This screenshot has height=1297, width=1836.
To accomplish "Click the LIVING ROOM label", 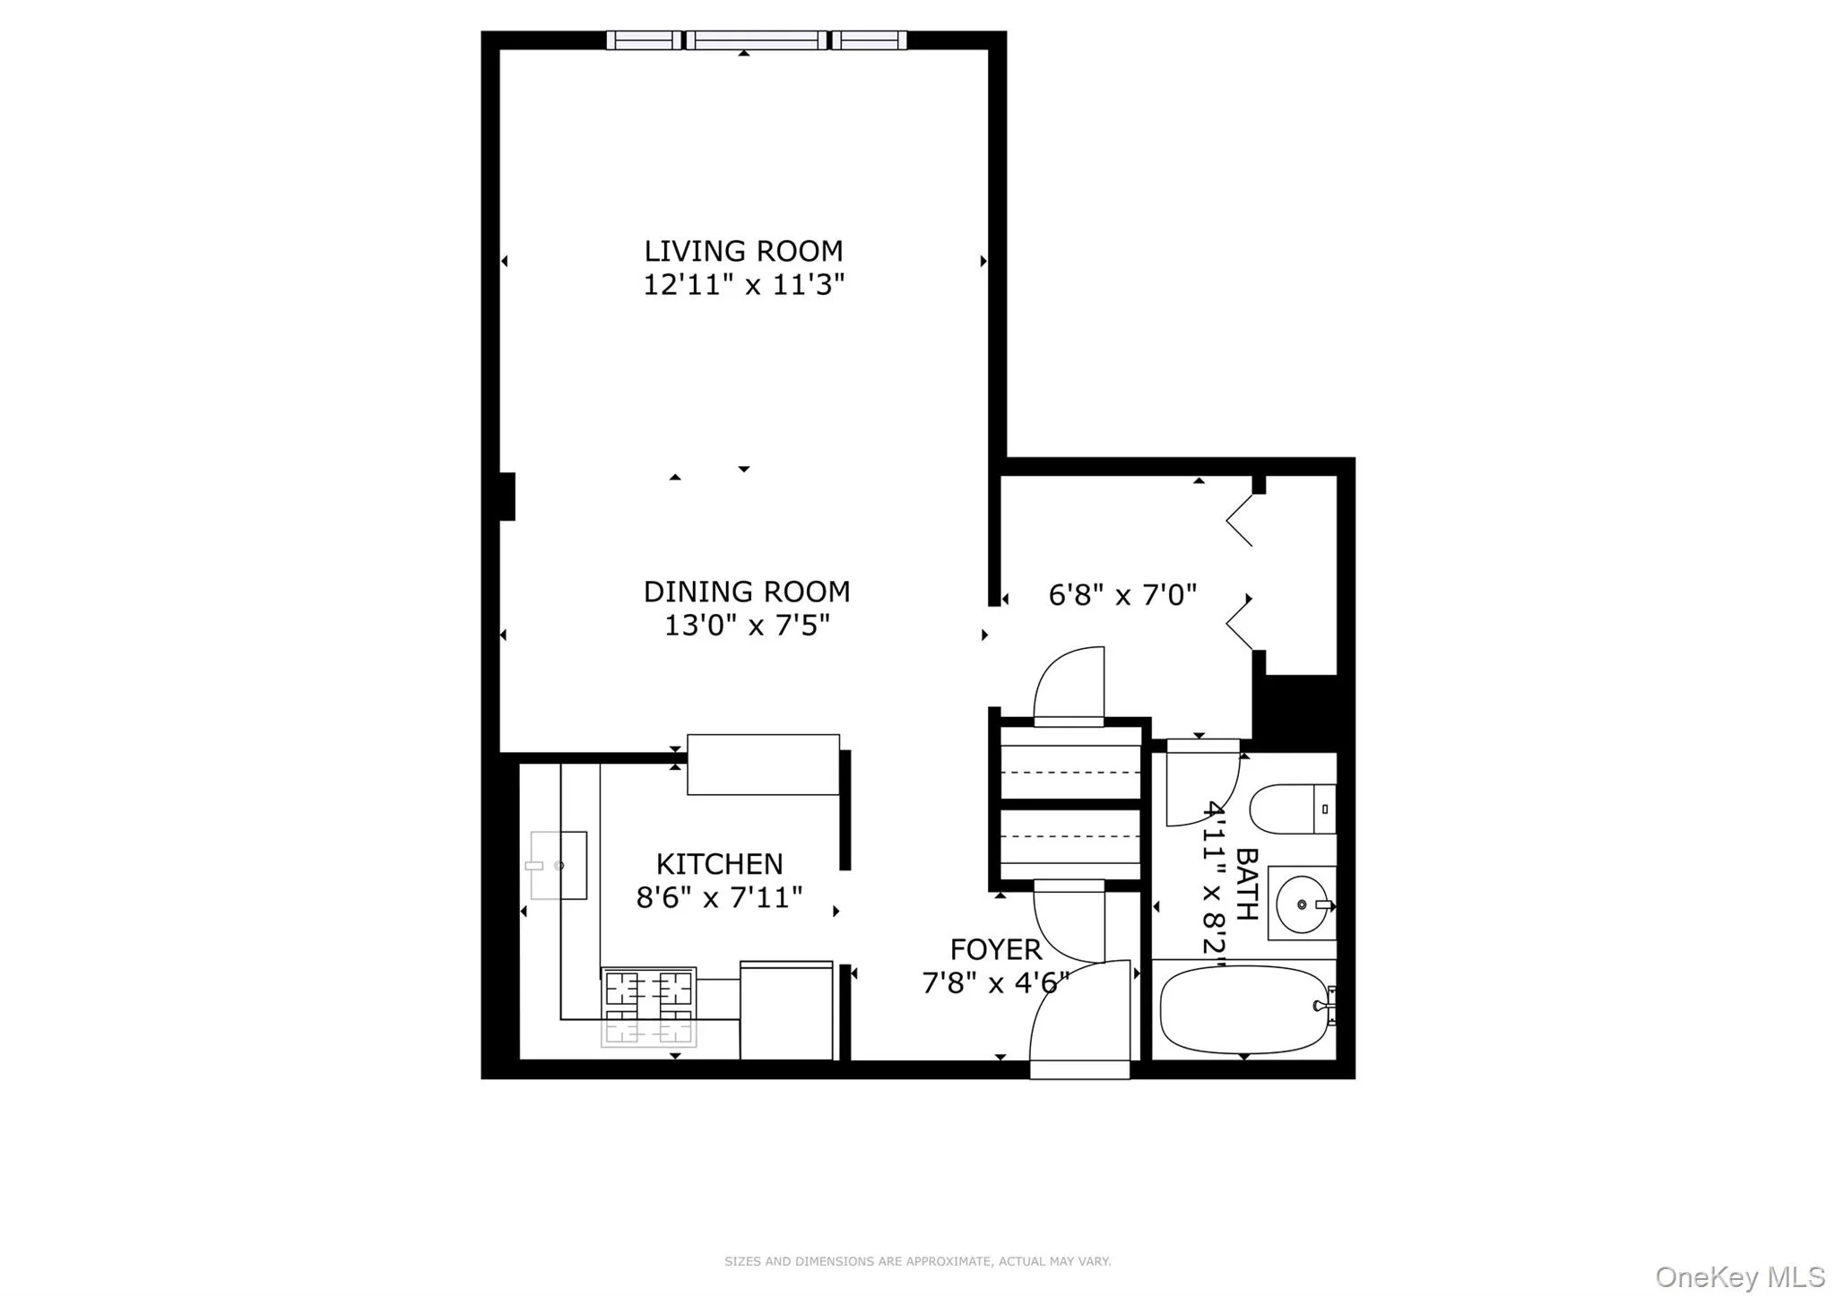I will point(743,251).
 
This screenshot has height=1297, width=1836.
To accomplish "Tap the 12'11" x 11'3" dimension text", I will point(743,285).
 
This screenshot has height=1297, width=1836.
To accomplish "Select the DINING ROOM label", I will point(746,592).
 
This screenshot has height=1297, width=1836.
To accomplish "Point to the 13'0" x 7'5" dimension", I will point(746,625).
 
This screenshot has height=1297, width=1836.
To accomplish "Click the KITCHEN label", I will point(719,864).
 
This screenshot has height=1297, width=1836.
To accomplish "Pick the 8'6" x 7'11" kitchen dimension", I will point(719,897).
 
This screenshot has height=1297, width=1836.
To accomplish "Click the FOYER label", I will point(995,949).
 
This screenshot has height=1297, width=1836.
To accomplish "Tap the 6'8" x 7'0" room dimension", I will point(1122,595).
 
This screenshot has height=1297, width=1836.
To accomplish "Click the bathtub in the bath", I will point(1243,1009).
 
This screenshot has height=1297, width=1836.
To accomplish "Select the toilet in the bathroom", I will point(1290,808).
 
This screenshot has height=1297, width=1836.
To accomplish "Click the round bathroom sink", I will point(1301,904).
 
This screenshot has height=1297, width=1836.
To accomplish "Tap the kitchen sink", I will point(558,865).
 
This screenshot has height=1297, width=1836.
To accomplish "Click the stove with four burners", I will point(648,1006).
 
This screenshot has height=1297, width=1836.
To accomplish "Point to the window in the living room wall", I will point(757,40).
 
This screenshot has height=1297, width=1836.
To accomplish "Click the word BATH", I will point(1246,884).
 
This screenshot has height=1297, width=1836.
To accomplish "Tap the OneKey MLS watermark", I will point(1739,1276).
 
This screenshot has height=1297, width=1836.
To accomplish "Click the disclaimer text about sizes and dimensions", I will point(917,1261).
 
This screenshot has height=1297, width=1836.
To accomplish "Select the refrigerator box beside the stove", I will point(786,1010).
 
